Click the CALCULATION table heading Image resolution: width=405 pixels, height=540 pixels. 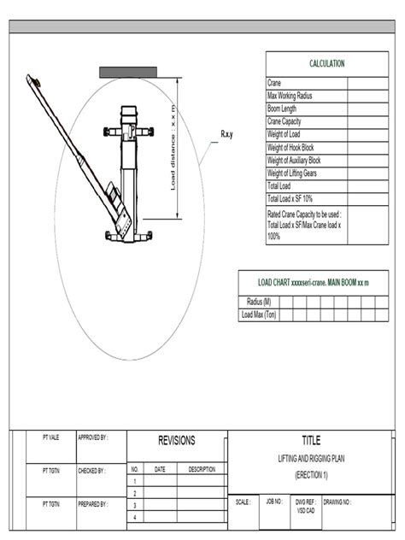pos(326,64)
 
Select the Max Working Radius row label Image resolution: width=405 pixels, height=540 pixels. pos(290,96)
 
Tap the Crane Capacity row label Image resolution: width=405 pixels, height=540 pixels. pos(286,121)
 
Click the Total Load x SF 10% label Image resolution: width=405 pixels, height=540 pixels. pos(290,198)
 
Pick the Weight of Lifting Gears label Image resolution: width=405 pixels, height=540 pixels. pos(295,173)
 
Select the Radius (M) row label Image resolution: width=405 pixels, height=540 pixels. pos(259,302)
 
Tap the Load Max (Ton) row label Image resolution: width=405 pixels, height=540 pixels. pos(259,314)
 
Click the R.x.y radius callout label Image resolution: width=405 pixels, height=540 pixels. pos(228,134)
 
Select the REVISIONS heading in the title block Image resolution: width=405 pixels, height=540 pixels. pos(177,441)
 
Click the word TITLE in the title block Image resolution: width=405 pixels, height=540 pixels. pos(311,441)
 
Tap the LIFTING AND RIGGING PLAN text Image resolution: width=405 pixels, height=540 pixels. pos(311,459)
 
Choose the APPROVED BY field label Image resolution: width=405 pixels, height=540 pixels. pos(92,437)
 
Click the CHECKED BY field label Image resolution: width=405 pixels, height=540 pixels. pos(91,470)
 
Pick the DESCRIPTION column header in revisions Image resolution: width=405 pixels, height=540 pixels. pos(202,469)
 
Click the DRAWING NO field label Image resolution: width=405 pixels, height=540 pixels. pos(337,502)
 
